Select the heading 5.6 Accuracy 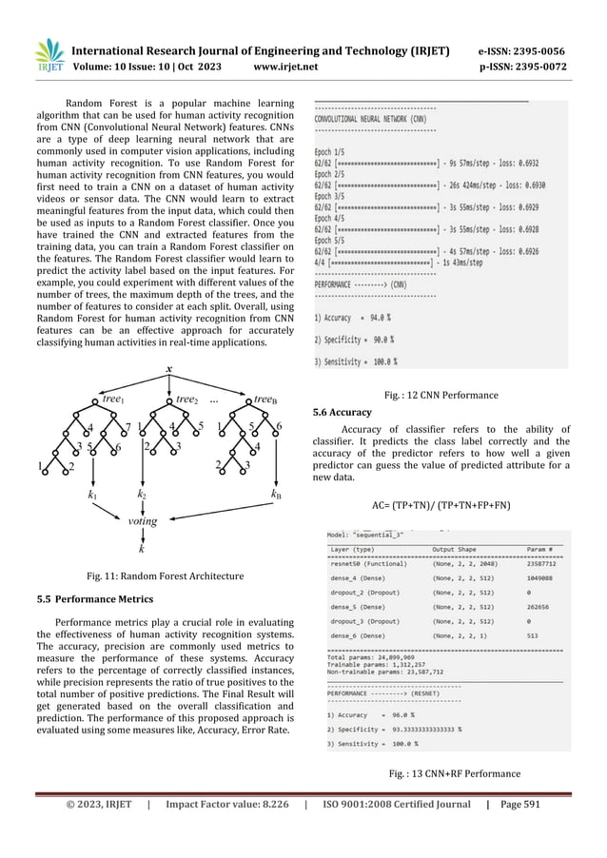click(x=343, y=414)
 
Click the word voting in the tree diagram click(x=143, y=520)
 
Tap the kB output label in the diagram click(x=276, y=496)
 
